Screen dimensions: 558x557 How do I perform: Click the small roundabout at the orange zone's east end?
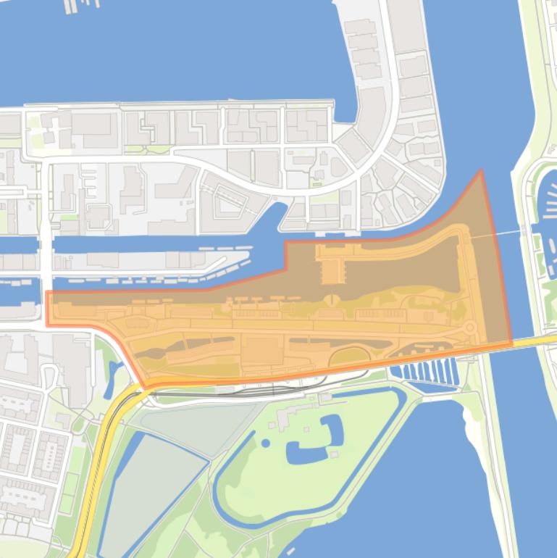tap(469, 328)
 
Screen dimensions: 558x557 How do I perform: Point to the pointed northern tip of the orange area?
tap(481, 172)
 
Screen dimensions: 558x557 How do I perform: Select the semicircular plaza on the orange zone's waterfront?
tap(332, 300)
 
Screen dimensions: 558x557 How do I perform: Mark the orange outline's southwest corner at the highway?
tap(145, 384)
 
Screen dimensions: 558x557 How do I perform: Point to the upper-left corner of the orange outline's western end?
tap(48, 292)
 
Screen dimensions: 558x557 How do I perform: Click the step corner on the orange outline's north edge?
tap(286, 242)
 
